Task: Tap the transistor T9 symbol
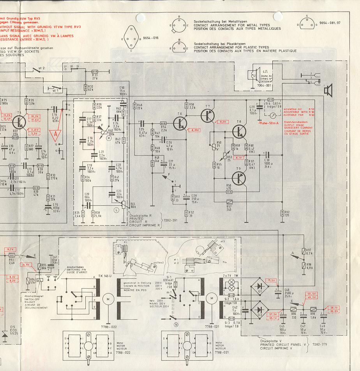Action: click(240, 178)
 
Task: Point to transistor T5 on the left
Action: click(21, 120)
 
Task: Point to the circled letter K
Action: click(109, 138)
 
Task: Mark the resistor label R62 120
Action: click(287, 213)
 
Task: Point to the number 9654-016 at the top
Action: click(151, 38)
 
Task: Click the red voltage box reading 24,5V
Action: click(26, 264)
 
